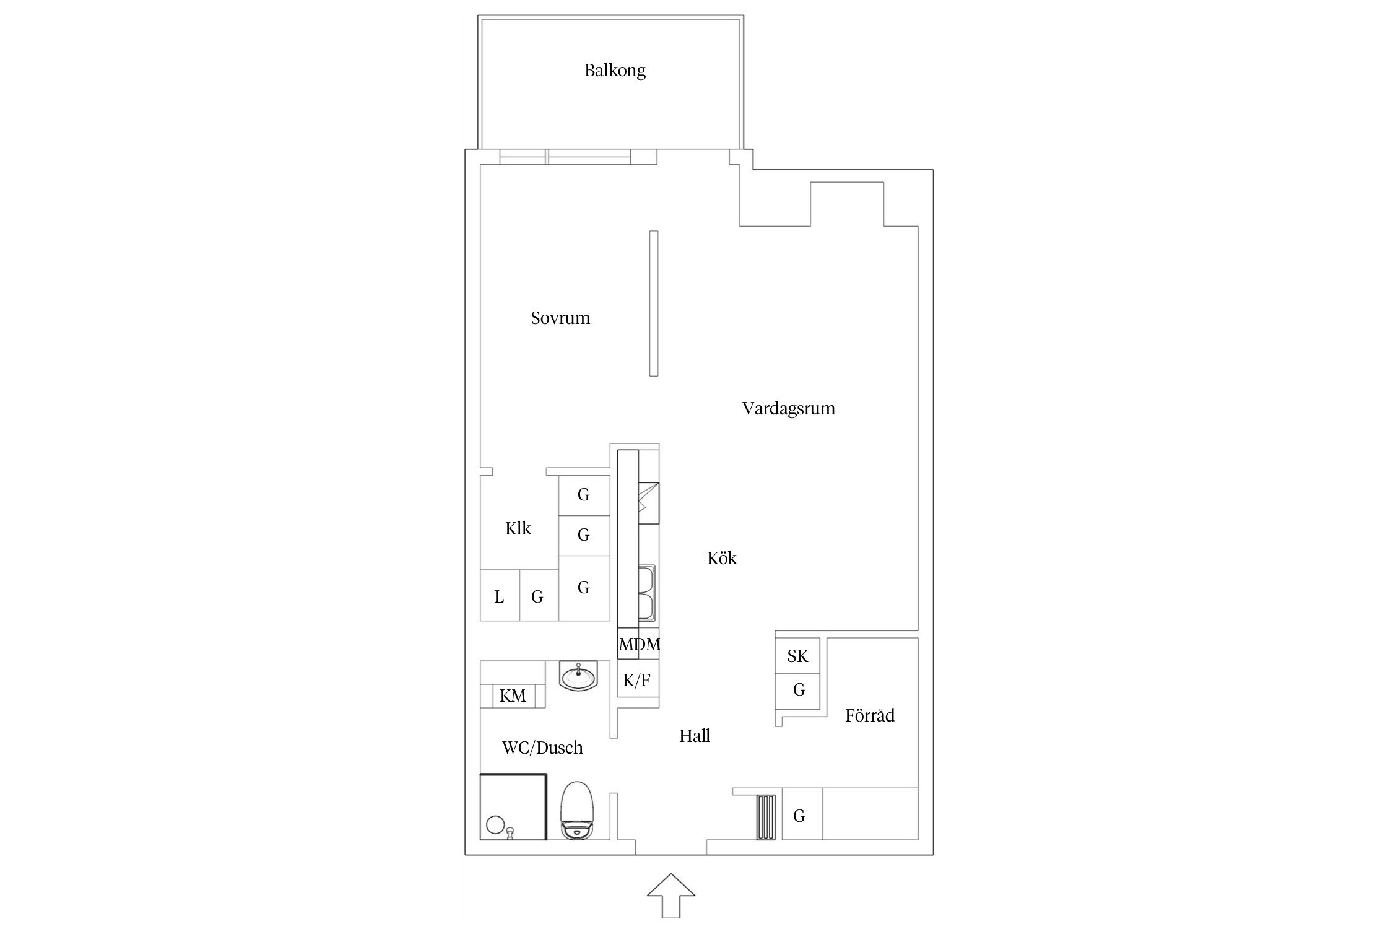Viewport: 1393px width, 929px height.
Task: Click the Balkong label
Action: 615,71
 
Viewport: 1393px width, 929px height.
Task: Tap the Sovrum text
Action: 560,318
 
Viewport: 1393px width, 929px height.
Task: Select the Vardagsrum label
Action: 788,409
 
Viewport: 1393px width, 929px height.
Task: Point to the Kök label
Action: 722,558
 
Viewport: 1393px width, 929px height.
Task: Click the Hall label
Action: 694,736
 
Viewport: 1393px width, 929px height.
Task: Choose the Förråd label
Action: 870,715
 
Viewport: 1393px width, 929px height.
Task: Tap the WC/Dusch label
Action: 542,748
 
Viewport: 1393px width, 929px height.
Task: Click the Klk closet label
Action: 518,528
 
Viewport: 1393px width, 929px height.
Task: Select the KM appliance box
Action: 513,696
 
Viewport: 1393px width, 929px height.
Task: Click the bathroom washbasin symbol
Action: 578,675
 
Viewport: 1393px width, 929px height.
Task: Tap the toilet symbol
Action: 576,810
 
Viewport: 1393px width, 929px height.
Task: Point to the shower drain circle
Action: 495,825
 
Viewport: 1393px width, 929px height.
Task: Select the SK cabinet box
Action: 797,656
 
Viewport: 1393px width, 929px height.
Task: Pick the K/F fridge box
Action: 637,680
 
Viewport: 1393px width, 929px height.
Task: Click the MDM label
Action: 640,644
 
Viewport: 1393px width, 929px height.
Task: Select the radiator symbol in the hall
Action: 766,817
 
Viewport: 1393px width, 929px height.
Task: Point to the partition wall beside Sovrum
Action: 654,303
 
